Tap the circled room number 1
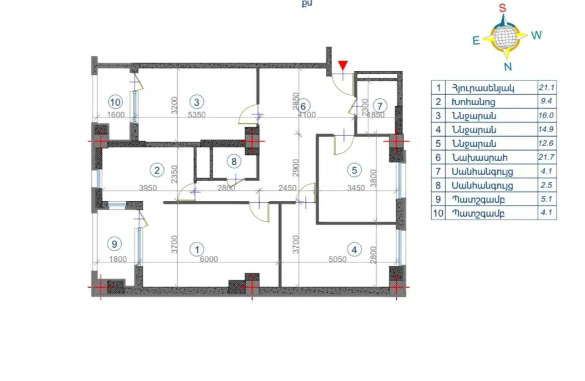point(195,249)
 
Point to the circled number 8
point(233,161)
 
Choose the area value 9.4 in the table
point(546,102)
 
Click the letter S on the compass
point(502,8)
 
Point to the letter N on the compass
point(508,66)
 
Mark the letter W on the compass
point(537,35)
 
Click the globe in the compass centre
point(505,37)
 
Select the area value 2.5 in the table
point(546,185)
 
